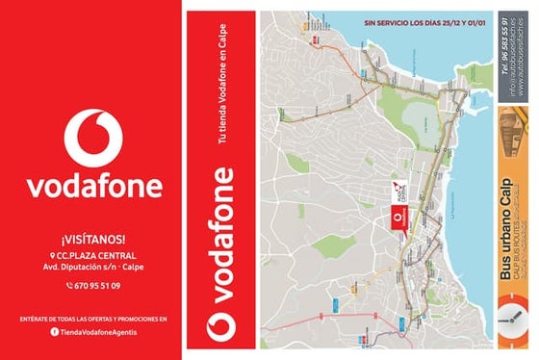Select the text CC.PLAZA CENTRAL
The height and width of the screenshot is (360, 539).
point(97,255)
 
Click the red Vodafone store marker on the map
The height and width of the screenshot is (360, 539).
point(399,219)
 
